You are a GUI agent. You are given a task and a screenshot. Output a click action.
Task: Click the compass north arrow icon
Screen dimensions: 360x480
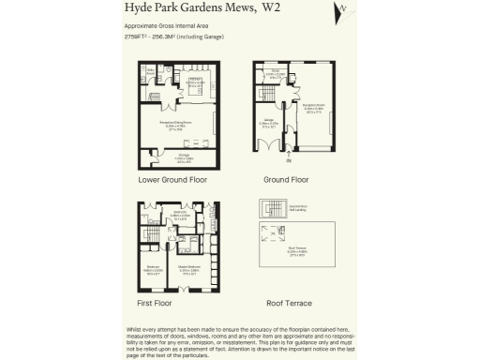[342, 9]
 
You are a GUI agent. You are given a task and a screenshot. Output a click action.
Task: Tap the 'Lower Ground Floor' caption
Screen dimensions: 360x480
[172, 179]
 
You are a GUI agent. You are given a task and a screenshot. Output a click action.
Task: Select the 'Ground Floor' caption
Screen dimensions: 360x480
[287, 179]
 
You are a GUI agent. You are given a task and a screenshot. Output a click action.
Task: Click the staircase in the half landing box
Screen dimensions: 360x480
[273, 210]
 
